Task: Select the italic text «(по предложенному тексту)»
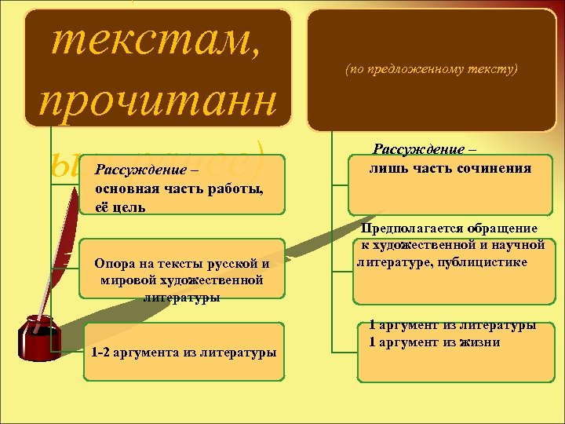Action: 432,69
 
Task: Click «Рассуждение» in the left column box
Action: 140,170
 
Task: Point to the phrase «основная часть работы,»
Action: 179,189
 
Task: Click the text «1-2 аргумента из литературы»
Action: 184,353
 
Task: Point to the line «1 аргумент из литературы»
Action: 453,324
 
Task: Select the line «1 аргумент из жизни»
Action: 435,342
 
